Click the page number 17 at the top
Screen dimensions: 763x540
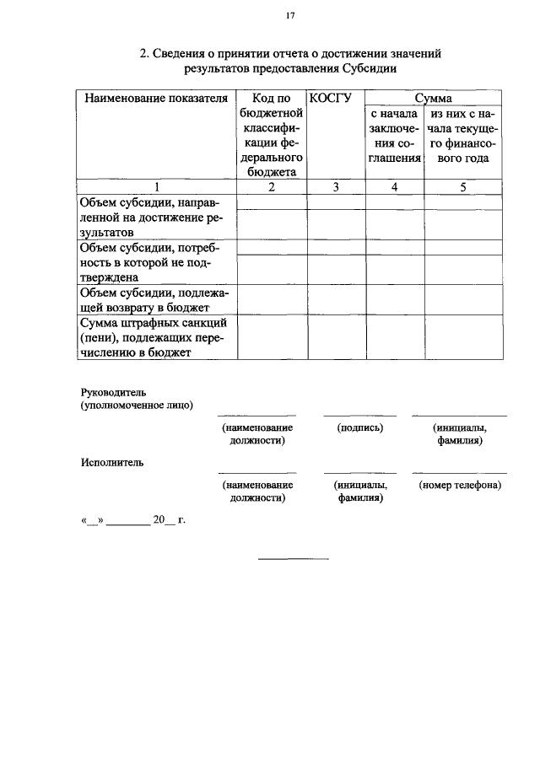[x=289, y=15]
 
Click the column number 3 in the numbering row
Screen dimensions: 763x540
[x=336, y=187]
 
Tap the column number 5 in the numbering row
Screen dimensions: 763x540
[x=463, y=187]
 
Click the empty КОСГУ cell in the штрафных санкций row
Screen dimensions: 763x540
[x=336, y=337]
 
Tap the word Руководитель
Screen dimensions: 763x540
[x=114, y=392]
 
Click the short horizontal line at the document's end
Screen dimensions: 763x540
[x=293, y=558]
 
